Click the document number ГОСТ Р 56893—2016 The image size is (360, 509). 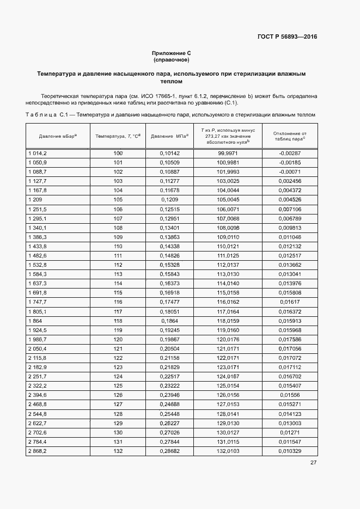click(287, 37)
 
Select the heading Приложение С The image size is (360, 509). click(171, 53)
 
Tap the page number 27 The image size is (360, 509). click(313, 463)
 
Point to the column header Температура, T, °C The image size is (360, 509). click(118, 136)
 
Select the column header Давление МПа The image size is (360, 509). click(169, 136)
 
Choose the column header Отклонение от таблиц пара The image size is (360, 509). click(289, 136)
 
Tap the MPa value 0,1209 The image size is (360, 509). click(169, 200)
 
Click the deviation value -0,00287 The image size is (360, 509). click(289, 154)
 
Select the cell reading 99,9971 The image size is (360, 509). click(228, 154)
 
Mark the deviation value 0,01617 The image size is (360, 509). click(289, 302)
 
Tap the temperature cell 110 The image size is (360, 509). click(118, 246)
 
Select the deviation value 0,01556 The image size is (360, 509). click(289, 394)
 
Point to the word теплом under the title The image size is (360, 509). click(172, 81)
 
